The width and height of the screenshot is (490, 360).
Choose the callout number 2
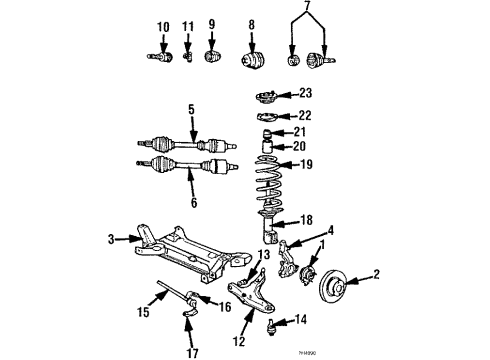(x=377, y=273)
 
